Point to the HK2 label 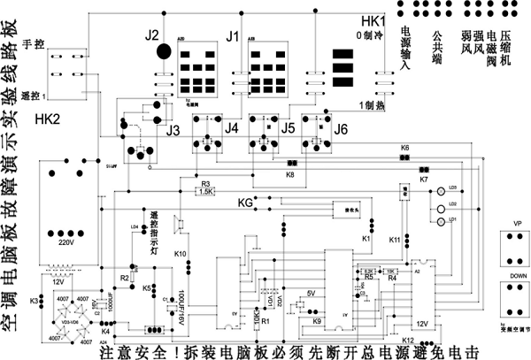(46, 119)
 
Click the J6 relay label (341, 129)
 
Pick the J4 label (231, 129)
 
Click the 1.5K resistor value (205, 191)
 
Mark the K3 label (35, 301)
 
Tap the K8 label (289, 175)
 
